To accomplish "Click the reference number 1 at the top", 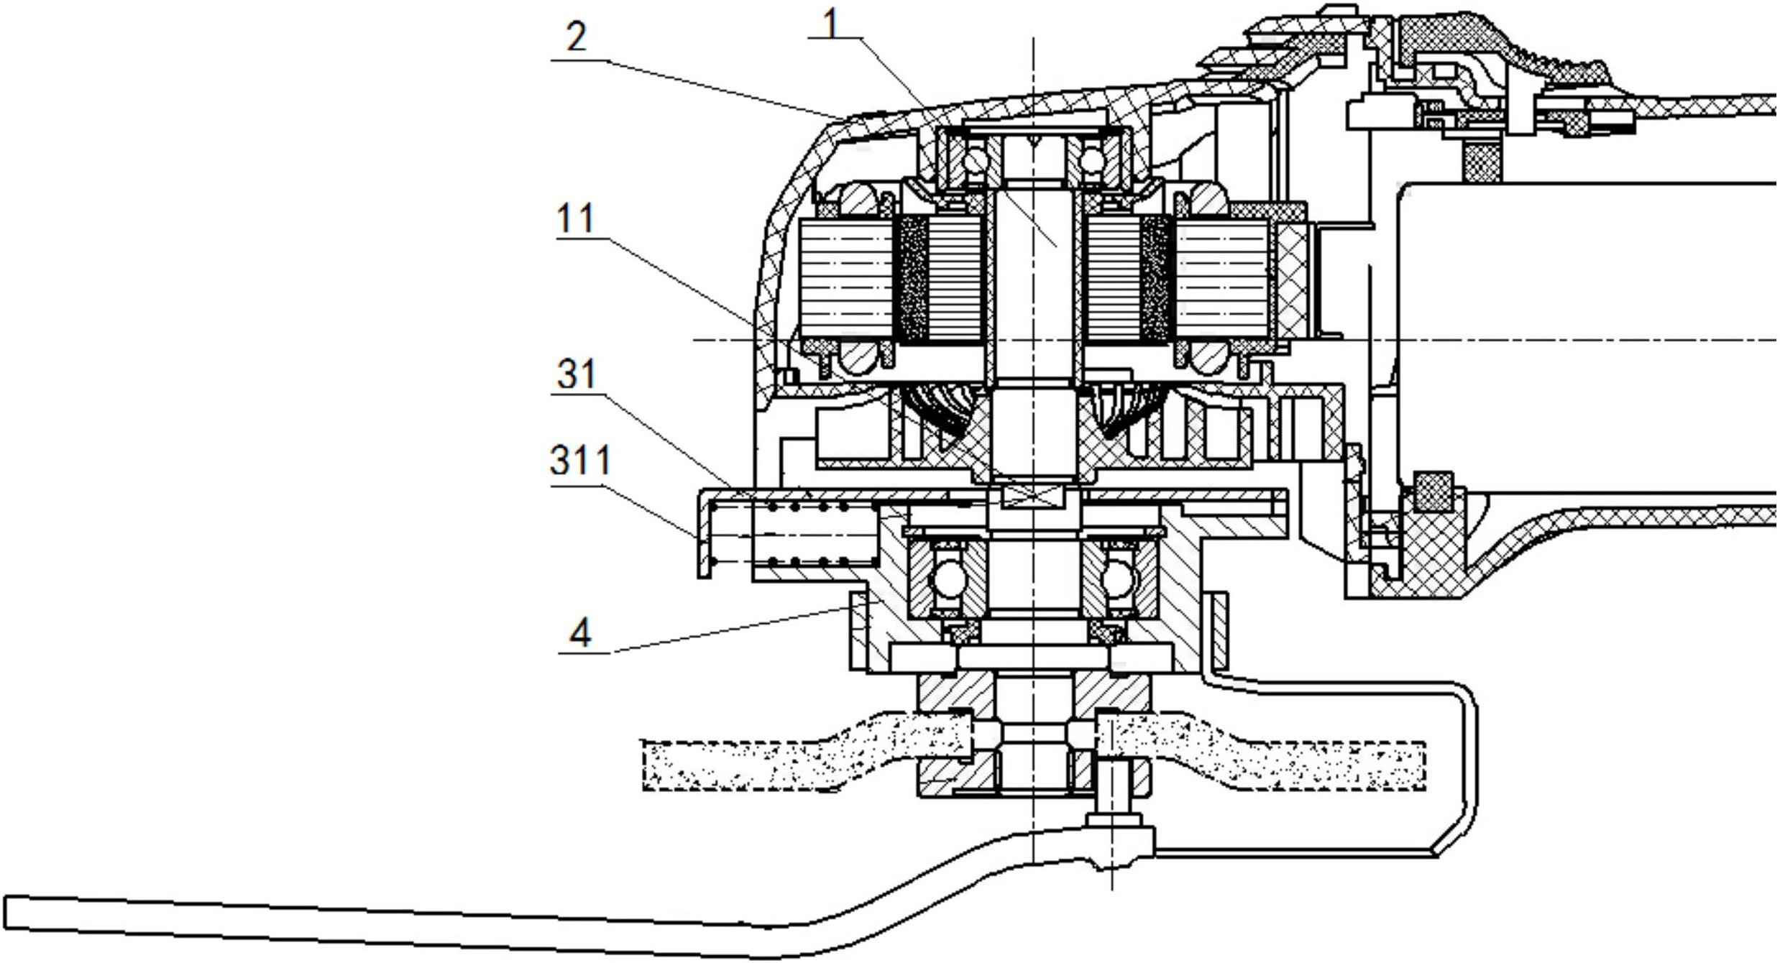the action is [831, 24].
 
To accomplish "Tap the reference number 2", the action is [576, 37].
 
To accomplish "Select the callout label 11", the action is [576, 218].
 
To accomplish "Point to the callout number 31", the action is [577, 374].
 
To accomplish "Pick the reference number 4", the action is [580, 632].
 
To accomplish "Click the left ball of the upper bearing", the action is [976, 160].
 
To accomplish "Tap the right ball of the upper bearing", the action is [1091, 160].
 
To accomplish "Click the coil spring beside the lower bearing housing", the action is [794, 535].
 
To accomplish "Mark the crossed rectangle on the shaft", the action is [1032, 496].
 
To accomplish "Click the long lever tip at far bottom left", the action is [9, 913].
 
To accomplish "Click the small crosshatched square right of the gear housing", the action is [1433, 492].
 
